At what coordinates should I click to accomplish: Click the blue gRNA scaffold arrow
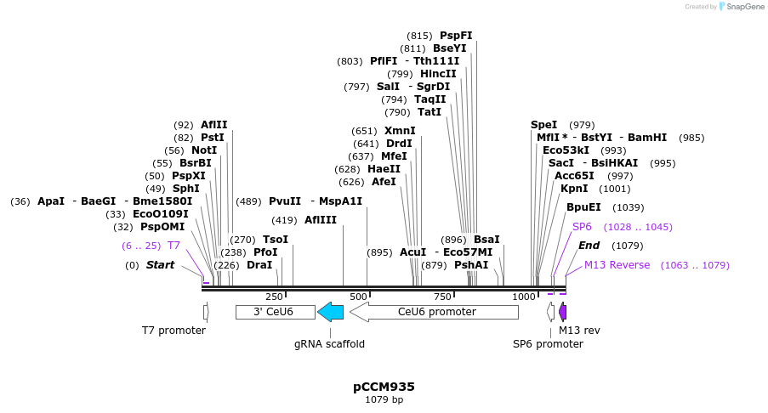click(x=330, y=312)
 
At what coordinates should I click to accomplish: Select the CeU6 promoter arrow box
click(x=434, y=312)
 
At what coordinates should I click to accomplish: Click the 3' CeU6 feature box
click(x=275, y=312)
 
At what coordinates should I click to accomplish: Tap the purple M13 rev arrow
click(x=562, y=312)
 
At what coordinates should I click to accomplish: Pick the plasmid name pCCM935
click(x=384, y=387)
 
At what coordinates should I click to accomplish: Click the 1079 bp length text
click(x=384, y=399)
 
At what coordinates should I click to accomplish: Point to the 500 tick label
click(x=358, y=297)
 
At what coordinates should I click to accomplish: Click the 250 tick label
click(x=274, y=297)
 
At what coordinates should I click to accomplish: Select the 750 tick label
click(x=442, y=297)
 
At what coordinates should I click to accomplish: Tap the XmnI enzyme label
click(x=400, y=131)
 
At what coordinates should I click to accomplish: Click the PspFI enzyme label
click(x=456, y=36)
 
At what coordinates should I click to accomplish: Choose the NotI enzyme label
click(x=204, y=150)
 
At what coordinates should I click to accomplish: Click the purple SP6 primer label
click(x=582, y=227)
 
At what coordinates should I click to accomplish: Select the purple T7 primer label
click(x=174, y=246)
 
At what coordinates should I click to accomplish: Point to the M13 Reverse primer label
click(x=617, y=265)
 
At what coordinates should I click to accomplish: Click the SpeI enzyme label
click(x=543, y=125)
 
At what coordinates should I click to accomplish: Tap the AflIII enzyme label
click(x=321, y=220)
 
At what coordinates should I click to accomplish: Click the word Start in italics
click(x=160, y=265)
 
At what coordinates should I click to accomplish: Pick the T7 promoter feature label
click(x=174, y=330)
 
